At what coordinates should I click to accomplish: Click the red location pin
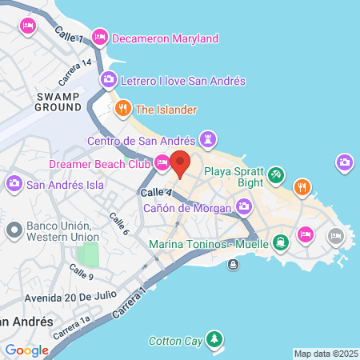[x=180, y=162]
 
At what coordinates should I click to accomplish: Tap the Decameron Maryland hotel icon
[x=100, y=37]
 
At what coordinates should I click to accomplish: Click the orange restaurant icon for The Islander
[x=123, y=109]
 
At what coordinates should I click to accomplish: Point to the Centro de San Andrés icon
[x=209, y=141]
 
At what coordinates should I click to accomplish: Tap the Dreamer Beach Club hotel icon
[x=162, y=163]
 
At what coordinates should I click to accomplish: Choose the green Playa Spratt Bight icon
[x=276, y=173]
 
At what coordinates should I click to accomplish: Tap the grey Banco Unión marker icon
[x=13, y=230]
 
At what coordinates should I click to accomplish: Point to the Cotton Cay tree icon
[x=214, y=341]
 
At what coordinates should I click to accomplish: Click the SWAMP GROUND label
[x=58, y=101]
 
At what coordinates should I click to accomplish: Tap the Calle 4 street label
[x=156, y=194]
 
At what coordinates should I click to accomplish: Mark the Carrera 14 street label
[x=75, y=72]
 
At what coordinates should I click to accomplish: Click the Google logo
[x=26, y=350]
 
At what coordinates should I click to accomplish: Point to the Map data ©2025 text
[x=326, y=354]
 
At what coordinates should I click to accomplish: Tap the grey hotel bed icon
[x=335, y=236]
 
